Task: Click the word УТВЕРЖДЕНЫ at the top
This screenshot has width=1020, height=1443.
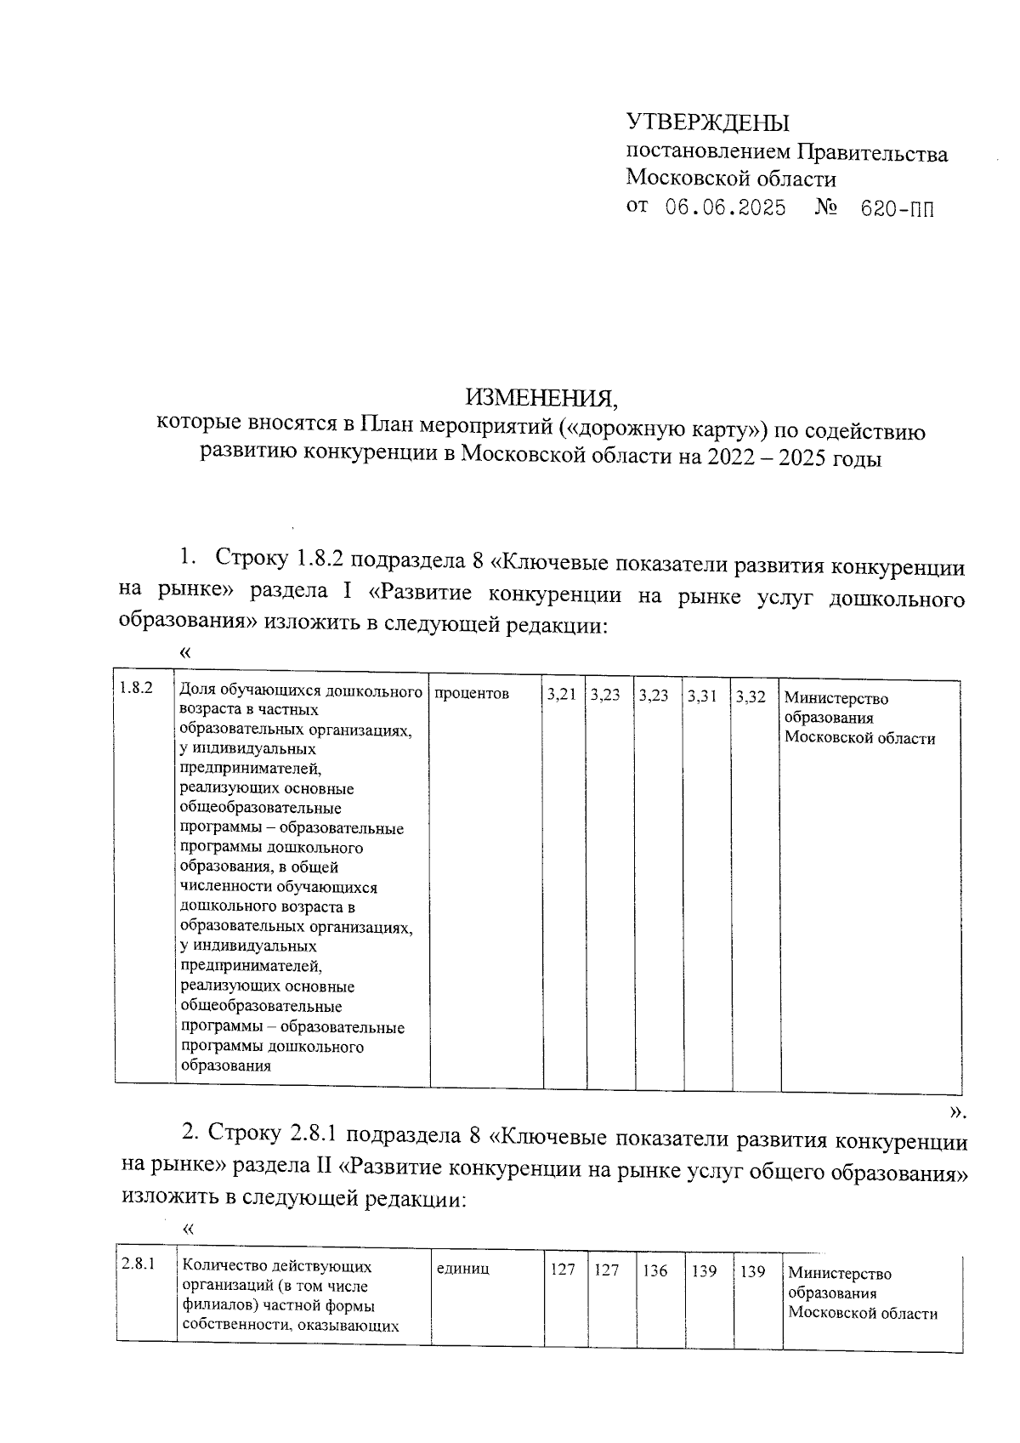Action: (x=707, y=122)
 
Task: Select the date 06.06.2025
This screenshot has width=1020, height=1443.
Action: (x=725, y=208)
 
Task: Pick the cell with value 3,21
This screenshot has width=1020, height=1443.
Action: (x=561, y=696)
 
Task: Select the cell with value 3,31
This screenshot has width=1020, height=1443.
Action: (x=702, y=696)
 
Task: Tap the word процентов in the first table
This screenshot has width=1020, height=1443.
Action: (x=472, y=694)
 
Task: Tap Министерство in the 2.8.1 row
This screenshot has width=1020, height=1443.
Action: (x=840, y=1273)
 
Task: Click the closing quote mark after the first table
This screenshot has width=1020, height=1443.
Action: (x=956, y=1111)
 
